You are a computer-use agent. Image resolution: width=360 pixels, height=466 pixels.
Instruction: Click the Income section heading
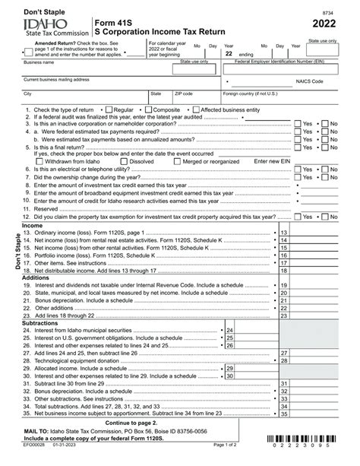(x=33, y=226)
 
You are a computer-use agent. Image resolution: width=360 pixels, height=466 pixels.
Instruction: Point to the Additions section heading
(x=36, y=278)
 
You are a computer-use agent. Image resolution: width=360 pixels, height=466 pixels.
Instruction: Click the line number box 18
(x=283, y=270)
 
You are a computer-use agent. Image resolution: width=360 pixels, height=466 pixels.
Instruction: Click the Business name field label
(x=39, y=62)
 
